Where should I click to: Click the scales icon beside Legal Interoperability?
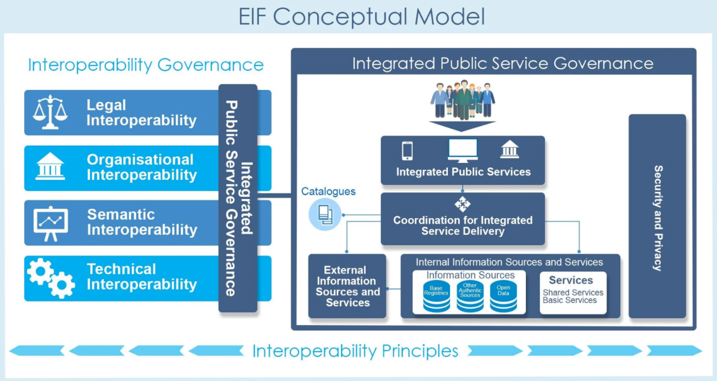pyautogui.click(x=50, y=112)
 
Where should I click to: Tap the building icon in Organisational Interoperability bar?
pyautogui.click(x=50, y=166)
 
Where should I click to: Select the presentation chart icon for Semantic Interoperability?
pyautogui.click(x=51, y=223)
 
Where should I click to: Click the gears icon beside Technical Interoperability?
pyautogui.click(x=51, y=278)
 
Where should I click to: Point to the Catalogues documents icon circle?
pyautogui.click(x=325, y=215)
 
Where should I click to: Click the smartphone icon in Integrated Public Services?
pyautogui.click(x=407, y=150)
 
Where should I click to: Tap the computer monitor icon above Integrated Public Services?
pyautogui.click(x=463, y=150)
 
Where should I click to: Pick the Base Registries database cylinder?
pyautogui.click(x=437, y=296)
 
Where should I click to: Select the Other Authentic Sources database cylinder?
pyautogui.click(x=470, y=296)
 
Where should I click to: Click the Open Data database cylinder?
pyautogui.click(x=503, y=296)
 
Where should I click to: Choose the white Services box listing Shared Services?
pyautogui.click(x=573, y=293)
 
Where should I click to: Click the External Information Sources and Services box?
pyautogui.click(x=347, y=286)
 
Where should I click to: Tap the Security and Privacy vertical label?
pyautogui.click(x=658, y=218)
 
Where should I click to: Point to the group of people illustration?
pyautogui.click(x=462, y=100)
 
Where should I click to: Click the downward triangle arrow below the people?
pyautogui.click(x=462, y=126)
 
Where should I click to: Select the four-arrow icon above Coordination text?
pyautogui.click(x=462, y=204)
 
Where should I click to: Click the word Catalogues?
pyautogui.click(x=329, y=191)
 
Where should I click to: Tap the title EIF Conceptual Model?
pyautogui.click(x=362, y=17)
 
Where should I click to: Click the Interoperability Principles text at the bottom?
pyautogui.click(x=355, y=351)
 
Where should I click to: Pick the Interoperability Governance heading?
pyautogui.click(x=146, y=65)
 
